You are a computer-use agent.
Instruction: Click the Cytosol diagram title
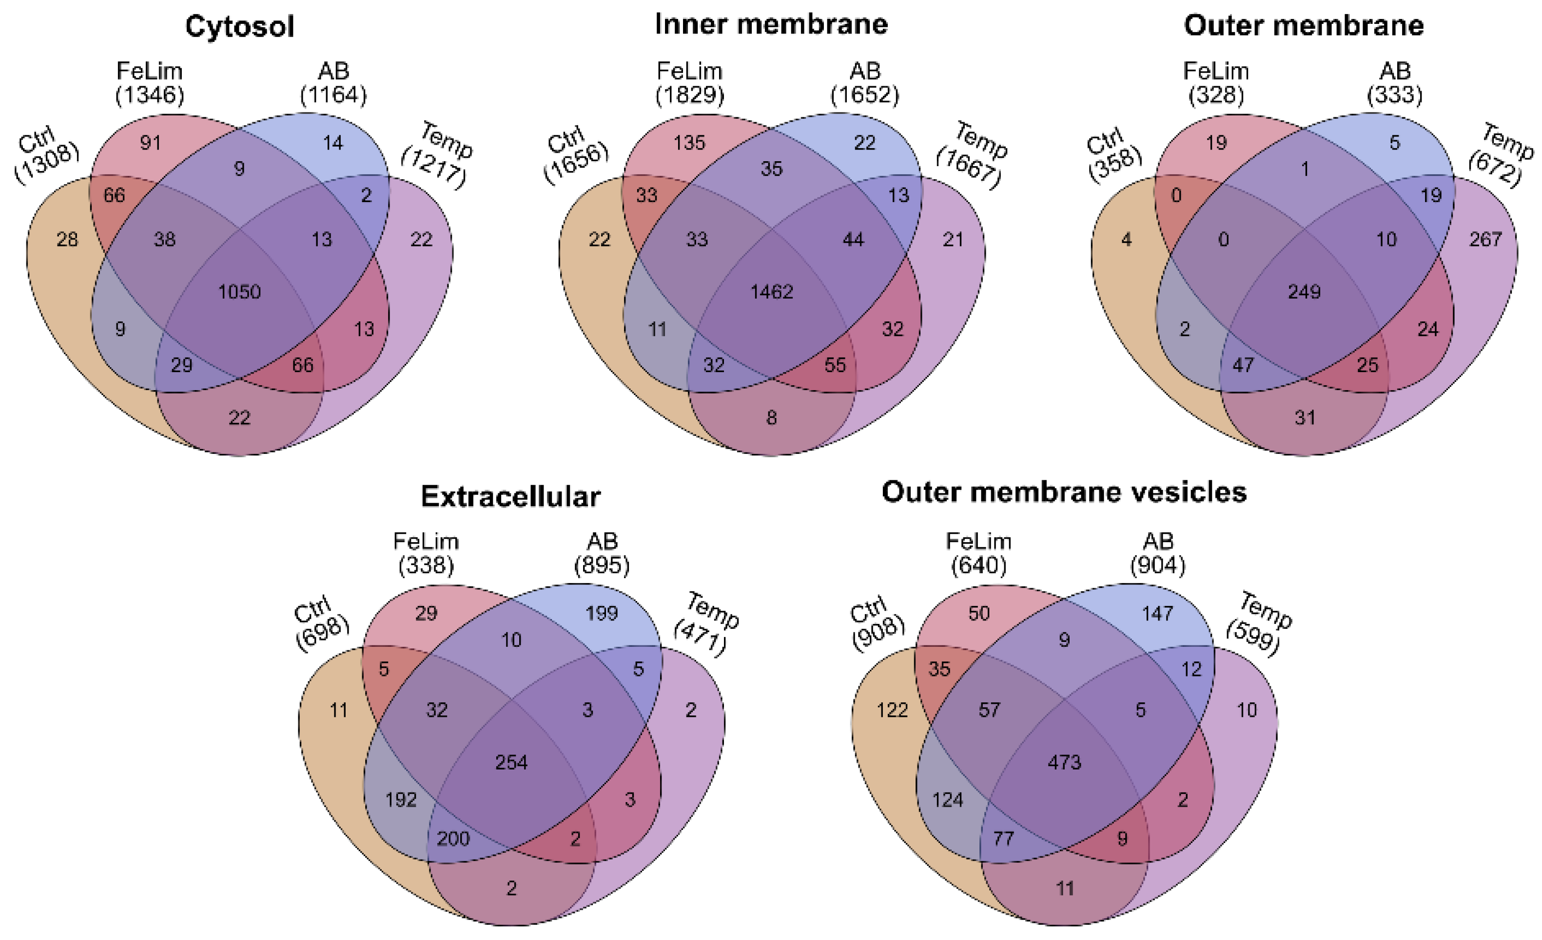[x=240, y=27]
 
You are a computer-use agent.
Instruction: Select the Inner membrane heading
[x=771, y=24]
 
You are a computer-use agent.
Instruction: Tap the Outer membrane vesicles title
[x=1064, y=492]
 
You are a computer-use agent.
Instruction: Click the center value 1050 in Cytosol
[x=240, y=291]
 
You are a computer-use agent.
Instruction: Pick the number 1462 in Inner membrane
[x=772, y=291]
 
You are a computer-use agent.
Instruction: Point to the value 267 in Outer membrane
[x=1485, y=239]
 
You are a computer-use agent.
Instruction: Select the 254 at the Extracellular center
[x=511, y=762]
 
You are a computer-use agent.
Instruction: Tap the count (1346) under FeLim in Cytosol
[x=150, y=95]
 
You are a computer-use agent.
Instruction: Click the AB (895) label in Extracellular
[x=602, y=553]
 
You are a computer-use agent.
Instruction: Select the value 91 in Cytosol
[x=150, y=143]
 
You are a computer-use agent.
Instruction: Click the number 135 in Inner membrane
[x=689, y=143]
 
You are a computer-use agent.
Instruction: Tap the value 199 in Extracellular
[x=602, y=613]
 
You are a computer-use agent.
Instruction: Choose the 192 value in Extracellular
[x=401, y=799]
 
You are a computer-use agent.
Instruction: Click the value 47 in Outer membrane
[x=1242, y=365]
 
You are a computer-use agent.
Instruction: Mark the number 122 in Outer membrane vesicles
[x=892, y=710]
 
